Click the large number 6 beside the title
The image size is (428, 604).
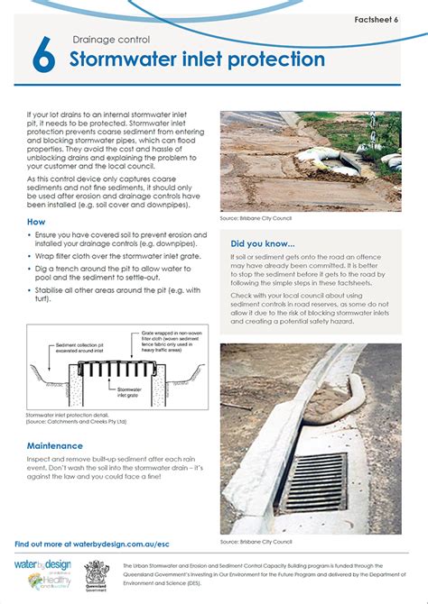click(x=42, y=57)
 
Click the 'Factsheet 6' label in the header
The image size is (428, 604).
click(x=389, y=18)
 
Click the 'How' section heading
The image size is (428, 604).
click(x=36, y=221)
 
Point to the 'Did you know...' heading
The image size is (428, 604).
click(x=263, y=243)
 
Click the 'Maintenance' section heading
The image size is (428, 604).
click(x=55, y=445)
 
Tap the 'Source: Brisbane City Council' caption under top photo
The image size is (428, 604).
click(x=256, y=218)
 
